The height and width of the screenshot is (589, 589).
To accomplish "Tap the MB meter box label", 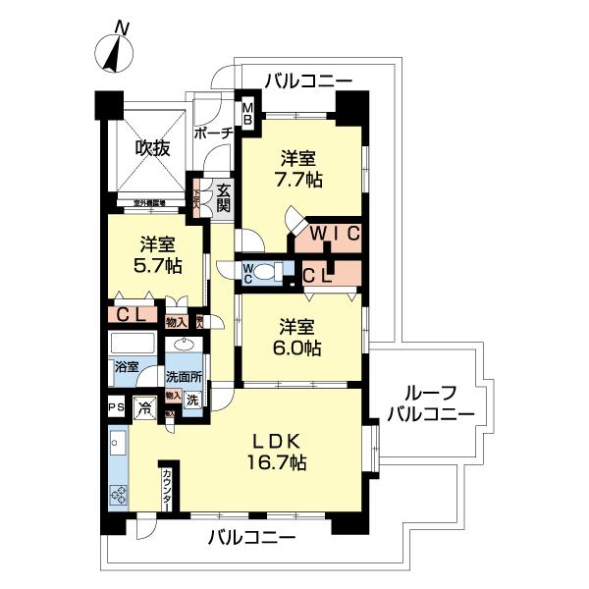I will pyautogui.click(x=248, y=114).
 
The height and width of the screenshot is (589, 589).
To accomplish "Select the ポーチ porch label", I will pyautogui.click(x=212, y=133).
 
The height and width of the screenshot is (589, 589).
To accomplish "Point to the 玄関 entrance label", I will pyautogui.click(x=224, y=197).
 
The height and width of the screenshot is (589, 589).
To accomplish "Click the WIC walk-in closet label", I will pyautogui.click(x=329, y=235).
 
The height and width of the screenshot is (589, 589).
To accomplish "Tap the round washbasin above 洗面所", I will pyautogui.click(x=184, y=347).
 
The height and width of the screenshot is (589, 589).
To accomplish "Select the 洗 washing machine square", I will pyautogui.click(x=193, y=401).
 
